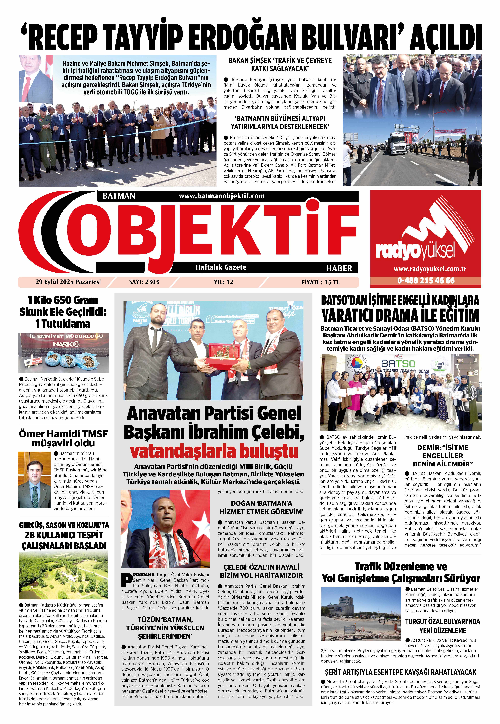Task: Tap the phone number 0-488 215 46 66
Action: click(426, 280)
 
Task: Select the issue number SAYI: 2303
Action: click(144, 282)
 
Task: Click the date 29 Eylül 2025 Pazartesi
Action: click(68, 282)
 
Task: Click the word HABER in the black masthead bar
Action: click(339, 268)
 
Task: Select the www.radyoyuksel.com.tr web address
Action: click(425, 269)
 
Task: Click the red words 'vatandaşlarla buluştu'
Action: click(214, 451)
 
